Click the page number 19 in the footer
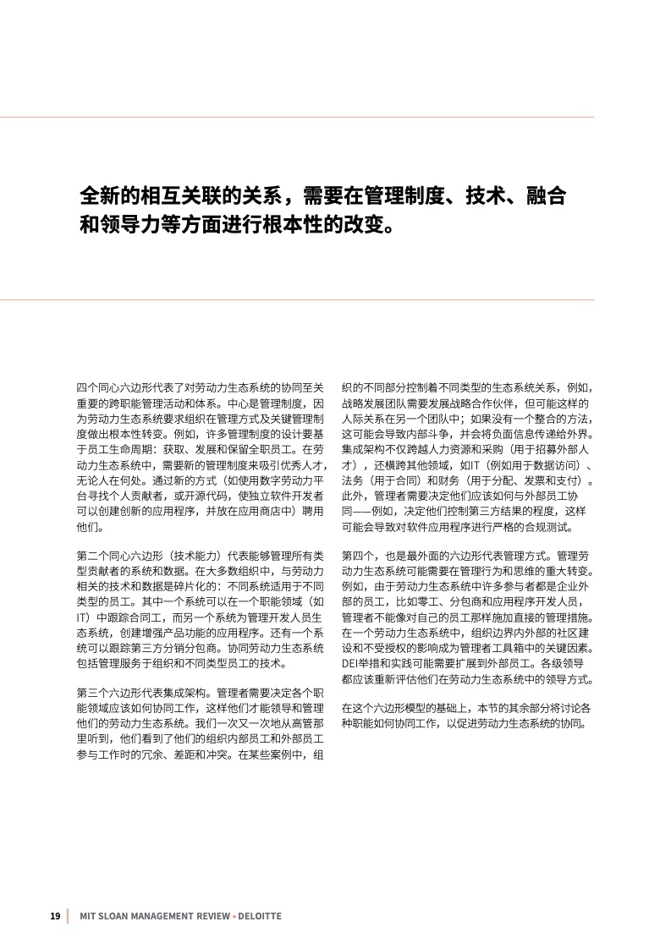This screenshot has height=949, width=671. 55,916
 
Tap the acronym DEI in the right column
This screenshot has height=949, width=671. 350,663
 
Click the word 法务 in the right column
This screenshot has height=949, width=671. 355,480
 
